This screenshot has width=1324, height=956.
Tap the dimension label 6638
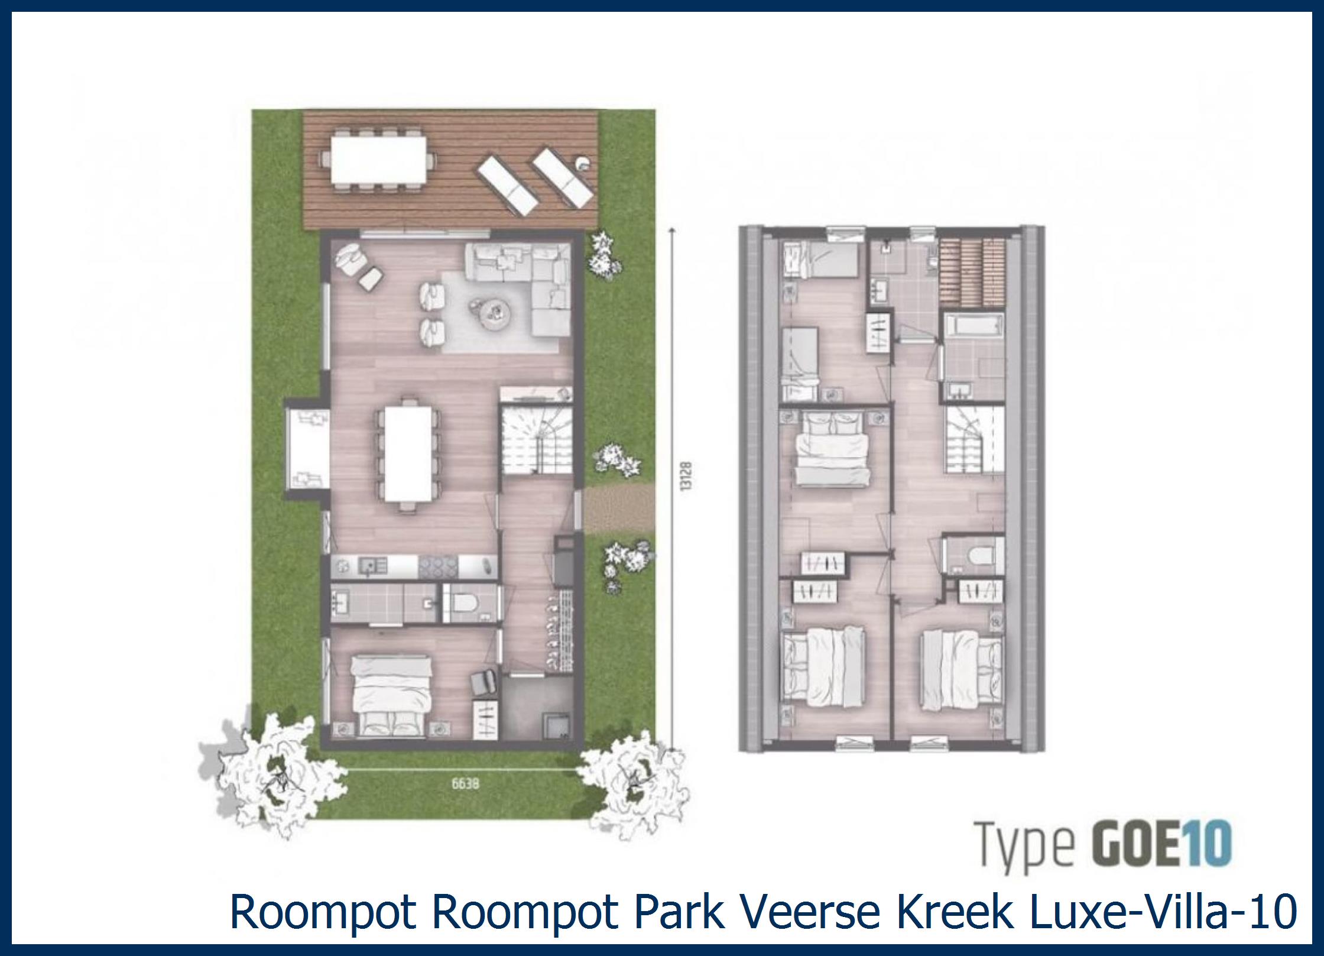click(x=465, y=784)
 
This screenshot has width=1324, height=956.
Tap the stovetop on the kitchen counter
click(x=438, y=567)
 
